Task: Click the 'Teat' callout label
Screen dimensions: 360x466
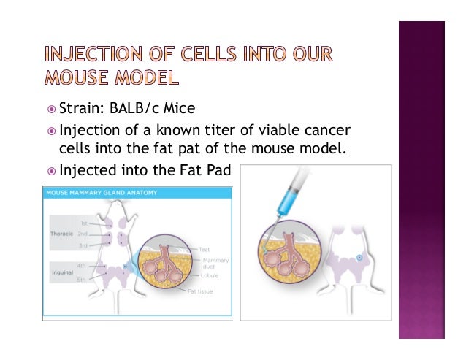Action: [204, 249]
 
